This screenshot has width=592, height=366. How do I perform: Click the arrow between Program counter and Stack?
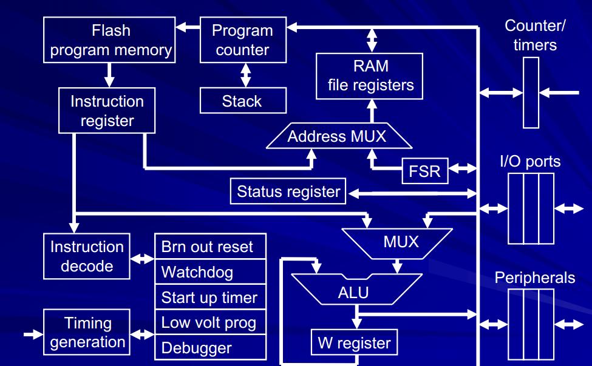[245, 75]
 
